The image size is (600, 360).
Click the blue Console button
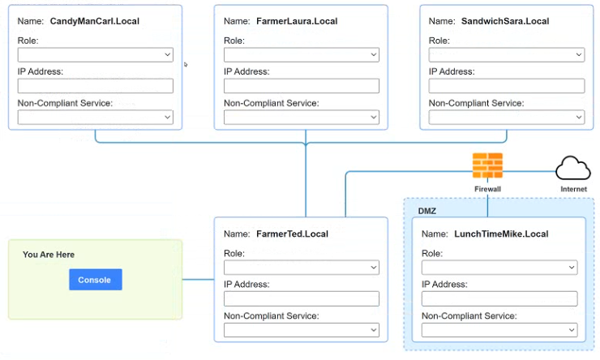click(96, 280)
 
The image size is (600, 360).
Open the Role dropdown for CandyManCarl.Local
click(96, 54)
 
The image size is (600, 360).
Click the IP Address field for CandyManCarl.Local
click(96, 86)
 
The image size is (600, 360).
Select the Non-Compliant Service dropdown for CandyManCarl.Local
click(96, 117)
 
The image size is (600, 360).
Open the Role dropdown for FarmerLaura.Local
click(302, 54)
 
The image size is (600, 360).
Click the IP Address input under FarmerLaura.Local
click(302, 86)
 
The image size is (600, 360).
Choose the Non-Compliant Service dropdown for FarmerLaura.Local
click(302, 117)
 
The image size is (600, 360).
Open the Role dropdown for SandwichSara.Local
click(507, 54)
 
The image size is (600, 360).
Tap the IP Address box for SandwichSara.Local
click(507, 86)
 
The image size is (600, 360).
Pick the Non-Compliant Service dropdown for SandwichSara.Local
click(507, 117)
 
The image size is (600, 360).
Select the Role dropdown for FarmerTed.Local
click(302, 268)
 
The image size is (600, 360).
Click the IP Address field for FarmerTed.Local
click(302, 299)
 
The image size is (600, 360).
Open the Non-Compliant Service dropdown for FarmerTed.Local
click(302, 330)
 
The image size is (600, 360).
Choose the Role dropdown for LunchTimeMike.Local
click(499, 268)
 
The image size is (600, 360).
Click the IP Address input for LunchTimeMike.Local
click(499, 299)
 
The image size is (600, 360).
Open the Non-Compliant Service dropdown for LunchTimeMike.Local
click(499, 330)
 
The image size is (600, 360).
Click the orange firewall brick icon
click(487, 165)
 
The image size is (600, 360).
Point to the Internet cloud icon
click(573, 168)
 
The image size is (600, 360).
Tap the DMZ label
click(427, 211)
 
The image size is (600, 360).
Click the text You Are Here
click(49, 255)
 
